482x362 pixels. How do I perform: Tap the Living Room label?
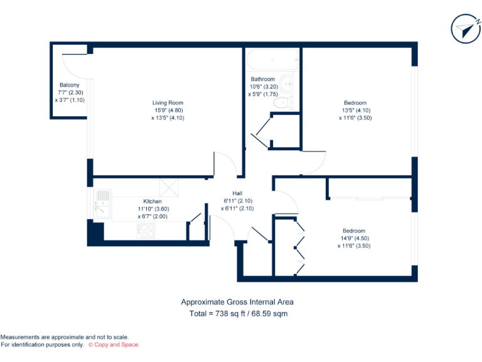168,102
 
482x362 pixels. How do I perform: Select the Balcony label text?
69,85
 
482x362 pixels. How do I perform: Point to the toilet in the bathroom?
282,102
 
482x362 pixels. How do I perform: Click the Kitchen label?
153,202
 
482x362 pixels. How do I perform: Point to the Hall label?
237,193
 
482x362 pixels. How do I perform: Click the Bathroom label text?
263,79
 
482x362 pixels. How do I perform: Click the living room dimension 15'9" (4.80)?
167,110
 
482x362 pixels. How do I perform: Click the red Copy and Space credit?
114,344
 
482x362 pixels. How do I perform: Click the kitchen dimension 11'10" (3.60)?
153,209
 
